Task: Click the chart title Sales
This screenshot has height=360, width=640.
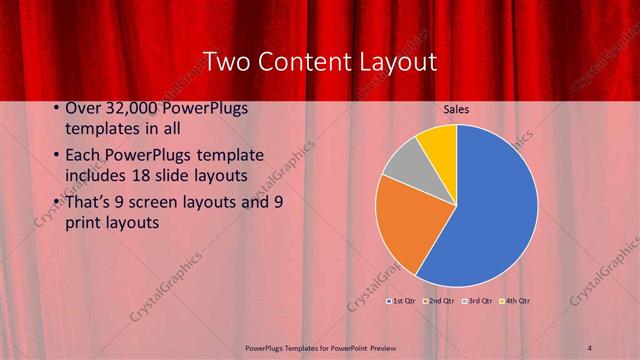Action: (x=457, y=110)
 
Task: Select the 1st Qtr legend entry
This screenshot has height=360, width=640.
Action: (x=403, y=300)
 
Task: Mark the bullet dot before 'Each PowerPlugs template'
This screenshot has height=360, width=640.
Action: (x=54, y=157)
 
